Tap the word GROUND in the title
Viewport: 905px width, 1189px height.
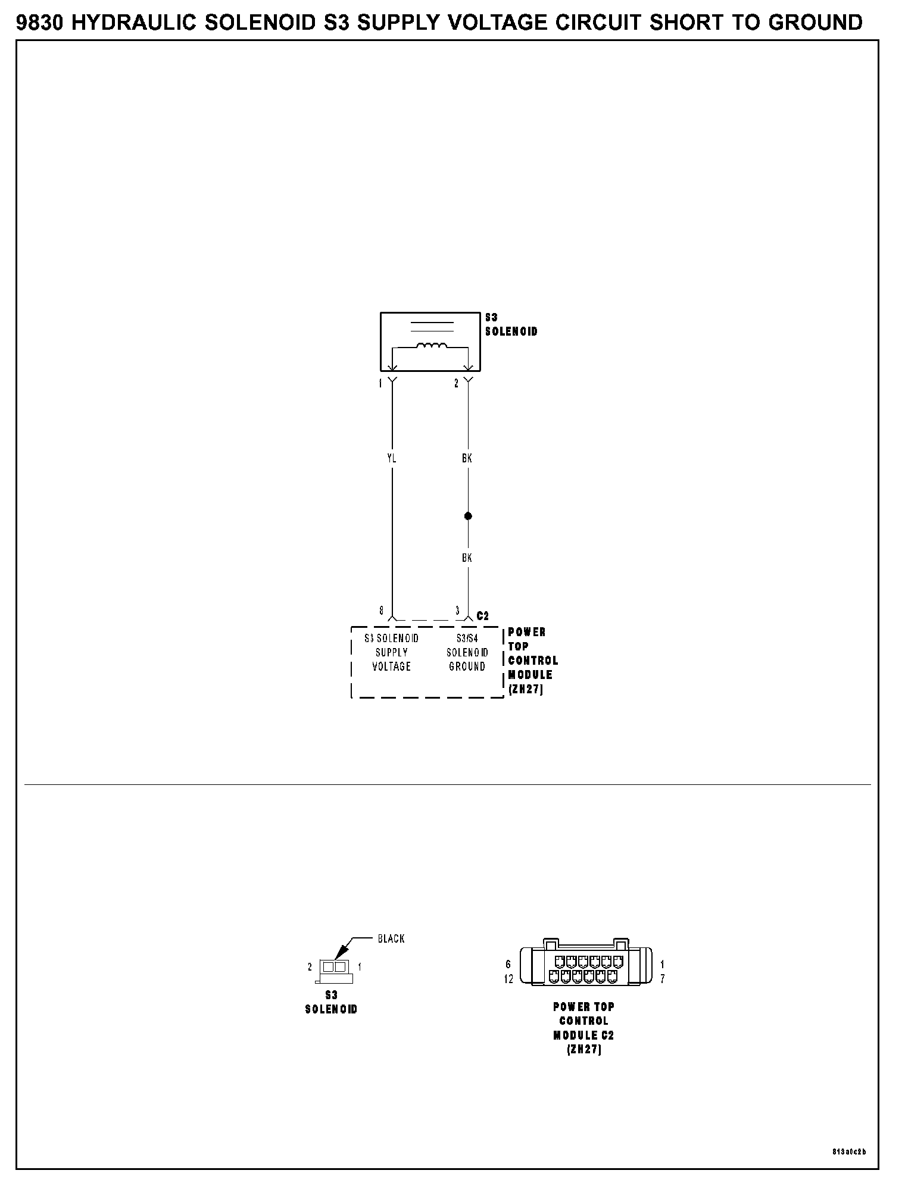(815, 23)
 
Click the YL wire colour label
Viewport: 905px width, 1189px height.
(392, 458)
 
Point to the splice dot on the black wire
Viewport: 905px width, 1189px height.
(468, 516)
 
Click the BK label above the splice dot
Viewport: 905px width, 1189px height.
(467, 458)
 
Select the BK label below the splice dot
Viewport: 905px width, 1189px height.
(467, 558)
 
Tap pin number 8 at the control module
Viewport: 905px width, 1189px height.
(382, 611)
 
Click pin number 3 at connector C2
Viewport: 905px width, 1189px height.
(457, 611)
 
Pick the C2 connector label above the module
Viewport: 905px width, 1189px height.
(483, 616)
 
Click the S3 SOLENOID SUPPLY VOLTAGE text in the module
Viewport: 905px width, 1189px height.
(392, 652)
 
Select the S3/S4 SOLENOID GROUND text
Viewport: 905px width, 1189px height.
(467, 652)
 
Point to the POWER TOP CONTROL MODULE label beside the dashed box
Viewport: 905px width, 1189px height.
(532, 661)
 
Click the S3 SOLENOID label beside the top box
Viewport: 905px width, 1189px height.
(511, 325)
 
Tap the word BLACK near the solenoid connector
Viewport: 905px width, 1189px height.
(391, 938)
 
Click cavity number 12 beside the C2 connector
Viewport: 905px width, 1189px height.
(508, 979)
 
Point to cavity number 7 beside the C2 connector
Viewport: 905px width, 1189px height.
(663, 979)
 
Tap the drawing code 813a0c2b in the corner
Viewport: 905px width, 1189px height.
(849, 1152)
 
